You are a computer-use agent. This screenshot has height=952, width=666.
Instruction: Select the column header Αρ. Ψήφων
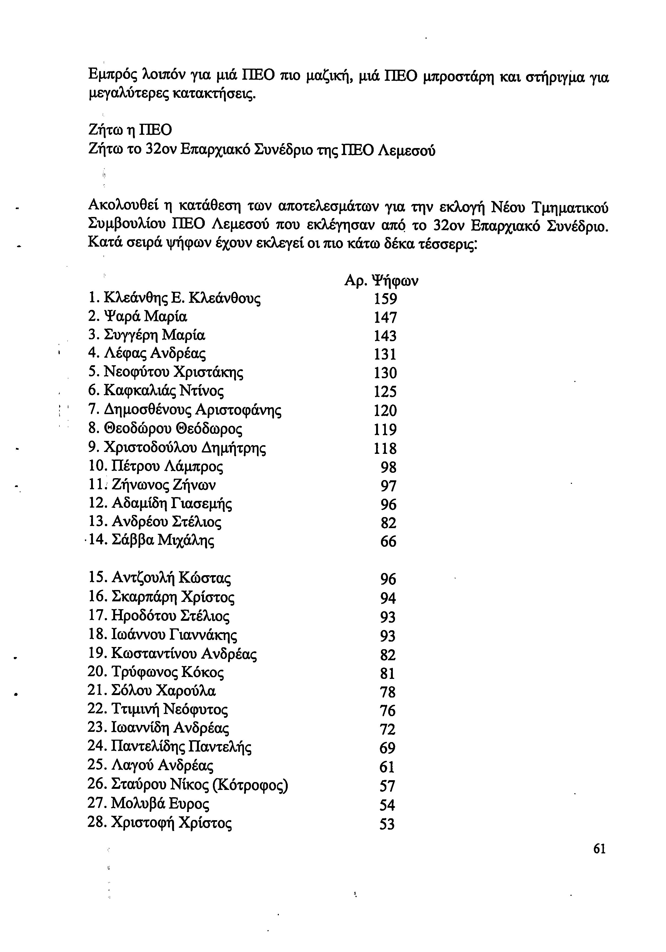pyautogui.click(x=381, y=281)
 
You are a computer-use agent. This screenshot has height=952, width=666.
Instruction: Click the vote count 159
pyautogui.click(x=385, y=299)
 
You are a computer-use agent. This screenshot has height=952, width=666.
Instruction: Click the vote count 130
pyautogui.click(x=385, y=373)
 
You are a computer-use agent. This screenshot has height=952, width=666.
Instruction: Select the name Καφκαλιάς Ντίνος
pyautogui.click(x=164, y=391)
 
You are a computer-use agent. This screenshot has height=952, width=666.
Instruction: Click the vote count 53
pyautogui.click(x=387, y=824)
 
